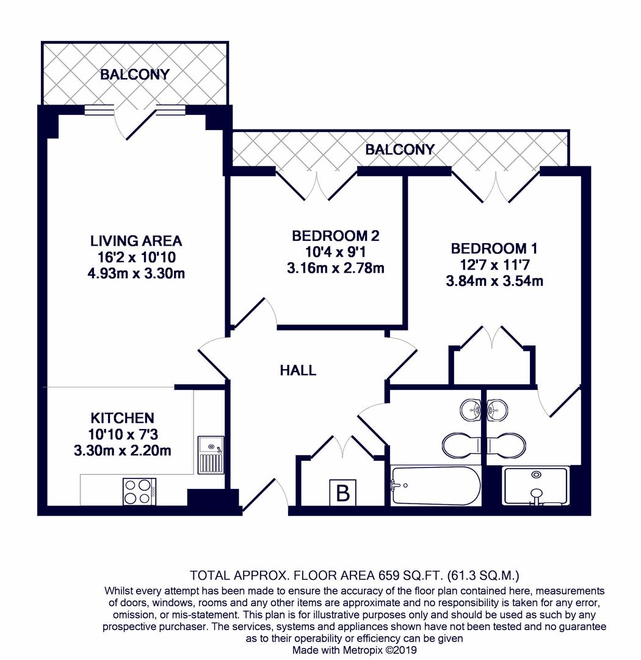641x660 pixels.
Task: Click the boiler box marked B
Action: [x=342, y=493]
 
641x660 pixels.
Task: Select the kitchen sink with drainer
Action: [x=211, y=455]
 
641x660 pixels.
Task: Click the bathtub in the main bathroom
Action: [x=435, y=486]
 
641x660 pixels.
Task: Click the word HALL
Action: [x=298, y=370]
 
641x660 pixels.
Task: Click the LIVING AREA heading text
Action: [x=136, y=241]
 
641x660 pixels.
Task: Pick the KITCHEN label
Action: [x=122, y=419]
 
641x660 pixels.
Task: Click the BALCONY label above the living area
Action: [x=134, y=75]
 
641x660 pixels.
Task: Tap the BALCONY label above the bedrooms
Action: [x=400, y=150]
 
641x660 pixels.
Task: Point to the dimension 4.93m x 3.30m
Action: [x=136, y=273]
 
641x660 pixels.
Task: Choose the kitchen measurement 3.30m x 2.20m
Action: [x=122, y=452]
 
